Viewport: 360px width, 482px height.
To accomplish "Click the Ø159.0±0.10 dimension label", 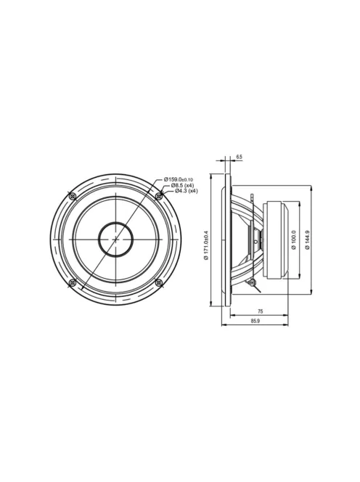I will coord(179,179).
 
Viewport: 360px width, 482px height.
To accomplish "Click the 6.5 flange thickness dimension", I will coord(239,157).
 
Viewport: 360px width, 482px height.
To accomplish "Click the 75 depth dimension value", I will coord(259,311).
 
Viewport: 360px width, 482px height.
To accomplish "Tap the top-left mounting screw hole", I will coord(71,196).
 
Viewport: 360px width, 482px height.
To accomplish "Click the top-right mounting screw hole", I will coord(159,196).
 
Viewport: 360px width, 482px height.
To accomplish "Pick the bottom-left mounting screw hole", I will coord(71,283).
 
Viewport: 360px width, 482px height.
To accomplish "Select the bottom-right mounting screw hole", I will coord(159,283).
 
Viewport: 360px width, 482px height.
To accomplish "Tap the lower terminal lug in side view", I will coord(250,282).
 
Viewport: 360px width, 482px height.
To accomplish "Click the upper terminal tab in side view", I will coord(250,196).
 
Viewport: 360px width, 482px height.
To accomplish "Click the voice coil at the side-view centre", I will coord(255,240).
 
